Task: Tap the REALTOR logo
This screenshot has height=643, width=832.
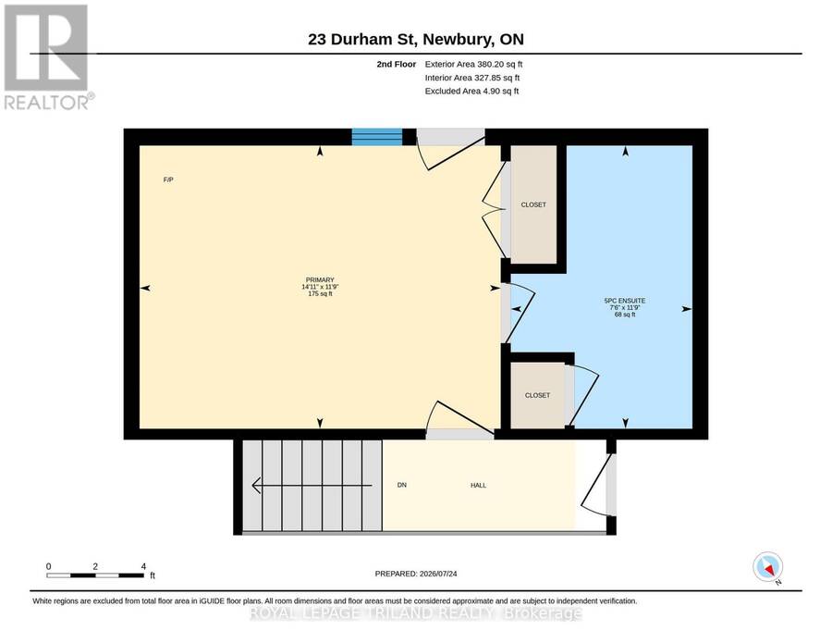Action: tap(48, 56)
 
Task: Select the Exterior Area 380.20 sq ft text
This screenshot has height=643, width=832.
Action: tap(473, 64)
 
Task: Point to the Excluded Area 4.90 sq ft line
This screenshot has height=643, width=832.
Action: tap(471, 91)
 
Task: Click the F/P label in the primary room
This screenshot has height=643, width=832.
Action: tap(168, 180)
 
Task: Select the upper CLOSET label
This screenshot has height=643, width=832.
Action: tap(533, 205)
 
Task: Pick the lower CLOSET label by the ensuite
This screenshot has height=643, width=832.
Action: tap(537, 396)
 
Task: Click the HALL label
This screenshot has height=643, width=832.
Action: tap(478, 486)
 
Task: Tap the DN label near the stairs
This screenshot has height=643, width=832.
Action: tap(402, 486)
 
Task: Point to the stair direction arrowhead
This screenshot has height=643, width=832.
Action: tap(256, 486)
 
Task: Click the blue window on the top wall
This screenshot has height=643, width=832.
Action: tap(377, 136)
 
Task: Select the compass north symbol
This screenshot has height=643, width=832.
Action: tap(768, 567)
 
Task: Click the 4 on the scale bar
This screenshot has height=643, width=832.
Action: tap(143, 566)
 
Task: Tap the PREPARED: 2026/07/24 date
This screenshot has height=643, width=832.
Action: tap(416, 574)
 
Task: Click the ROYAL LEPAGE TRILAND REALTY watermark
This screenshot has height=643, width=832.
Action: tap(415, 613)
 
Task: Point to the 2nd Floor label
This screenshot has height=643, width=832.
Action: tap(397, 64)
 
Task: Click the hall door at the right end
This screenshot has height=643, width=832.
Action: tap(598, 485)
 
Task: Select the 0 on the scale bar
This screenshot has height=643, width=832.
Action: tap(49, 566)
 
